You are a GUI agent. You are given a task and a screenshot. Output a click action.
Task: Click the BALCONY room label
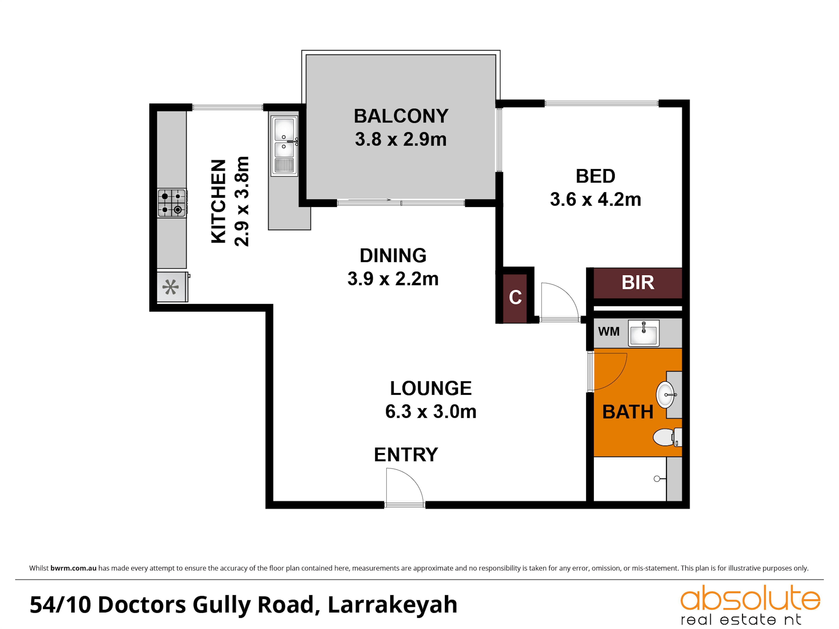point(401,116)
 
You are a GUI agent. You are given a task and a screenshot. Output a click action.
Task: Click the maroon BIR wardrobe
point(638,283)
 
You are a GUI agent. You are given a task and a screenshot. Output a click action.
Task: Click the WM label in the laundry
point(609,331)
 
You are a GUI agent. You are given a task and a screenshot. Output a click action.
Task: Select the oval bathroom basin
point(666,395)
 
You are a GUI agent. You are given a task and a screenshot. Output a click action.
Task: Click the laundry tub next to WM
point(644,333)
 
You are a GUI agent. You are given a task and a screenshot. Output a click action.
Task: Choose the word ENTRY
point(406,455)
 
